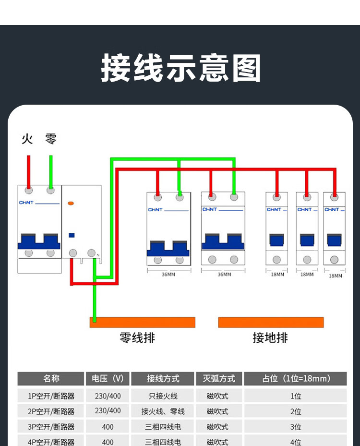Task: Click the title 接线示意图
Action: (x=181, y=68)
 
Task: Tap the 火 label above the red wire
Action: (x=27, y=139)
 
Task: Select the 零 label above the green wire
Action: (x=50, y=139)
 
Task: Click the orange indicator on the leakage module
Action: (x=71, y=203)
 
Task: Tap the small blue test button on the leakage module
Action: (x=72, y=235)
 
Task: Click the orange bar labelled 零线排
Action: (x=143, y=322)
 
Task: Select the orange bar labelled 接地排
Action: (x=271, y=322)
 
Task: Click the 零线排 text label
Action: (x=137, y=338)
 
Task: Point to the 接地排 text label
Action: (x=270, y=338)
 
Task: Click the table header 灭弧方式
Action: (x=219, y=379)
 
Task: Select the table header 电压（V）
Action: (x=108, y=379)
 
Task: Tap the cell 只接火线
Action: (x=163, y=396)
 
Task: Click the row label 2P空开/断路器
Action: (x=51, y=411)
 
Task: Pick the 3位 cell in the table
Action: (x=296, y=427)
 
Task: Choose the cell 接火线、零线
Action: (x=163, y=411)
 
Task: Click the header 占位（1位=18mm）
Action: (x=296, y=379)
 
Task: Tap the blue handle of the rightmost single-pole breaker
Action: (x=334, y=240)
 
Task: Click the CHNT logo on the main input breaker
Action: (x=26, y=203)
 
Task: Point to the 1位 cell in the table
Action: (x=296, y=396)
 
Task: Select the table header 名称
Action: (x=51, y=379)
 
